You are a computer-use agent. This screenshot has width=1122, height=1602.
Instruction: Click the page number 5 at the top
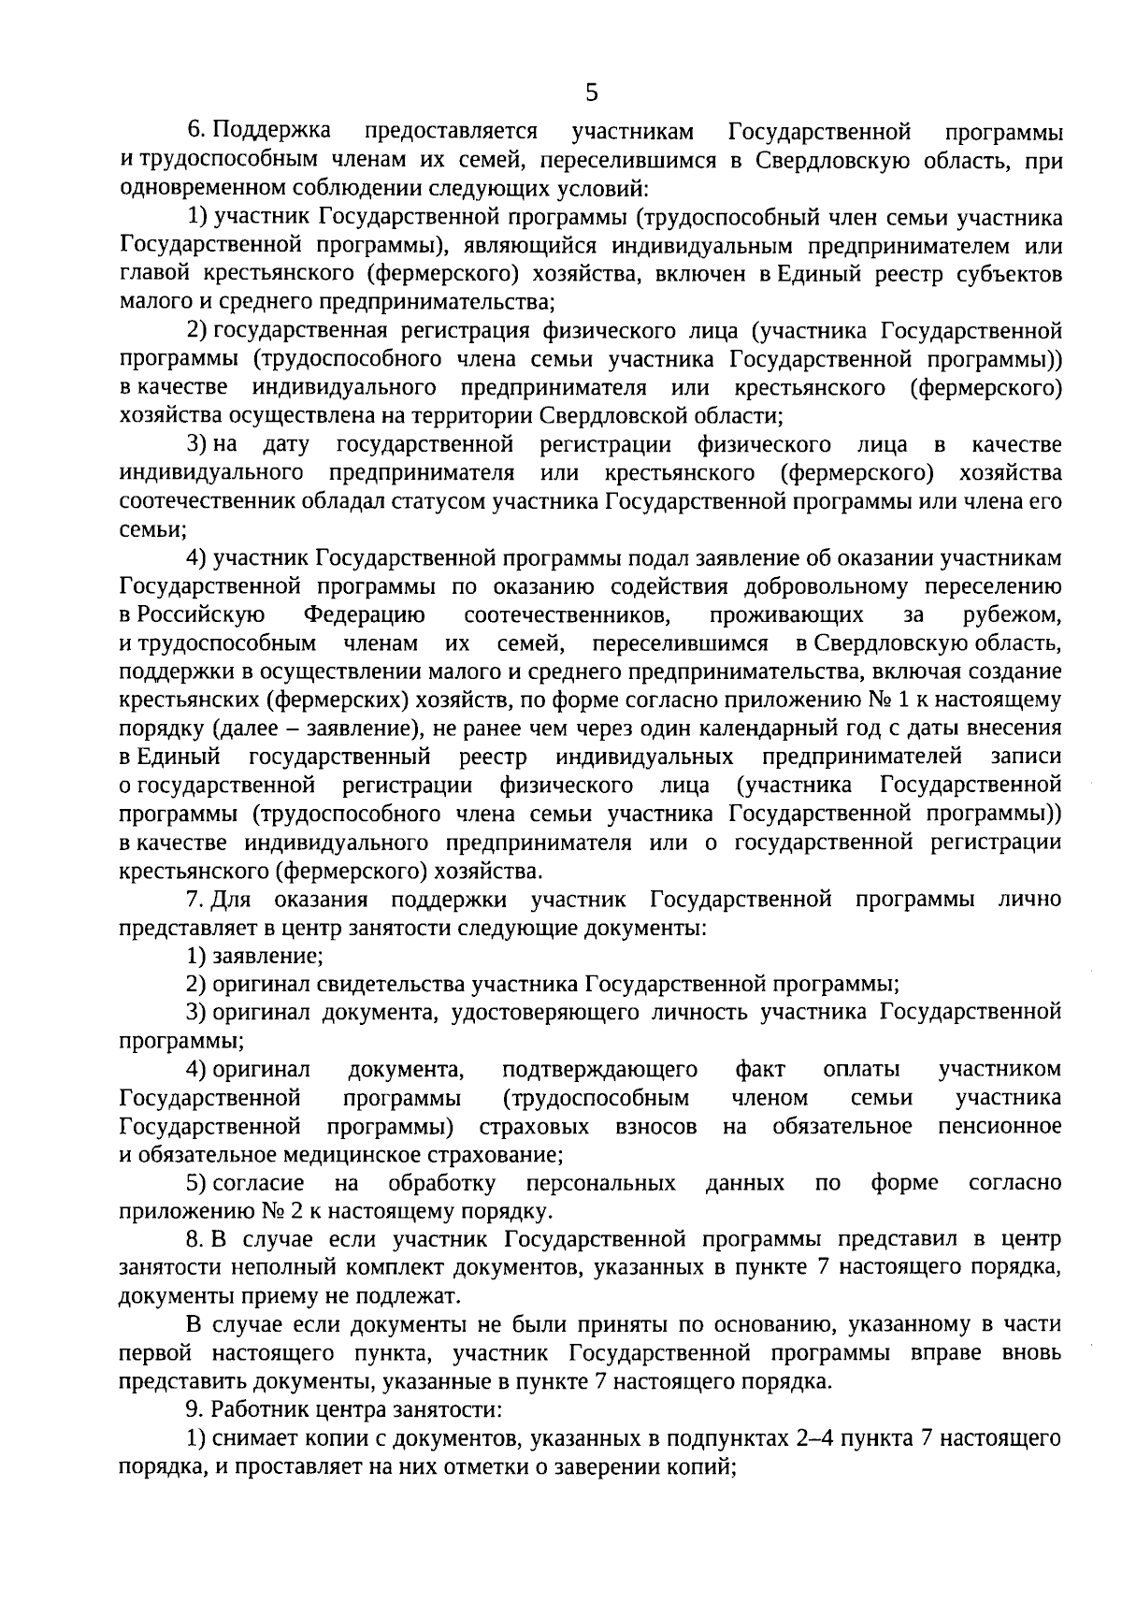pos(591,93)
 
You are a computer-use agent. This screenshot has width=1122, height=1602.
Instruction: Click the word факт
pos(760,1070)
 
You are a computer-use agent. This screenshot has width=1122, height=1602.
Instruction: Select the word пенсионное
pos(1000,1127)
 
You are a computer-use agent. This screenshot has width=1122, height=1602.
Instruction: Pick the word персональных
pos(600,1184)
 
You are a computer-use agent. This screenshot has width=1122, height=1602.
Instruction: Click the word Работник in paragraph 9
pos(252,1409)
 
